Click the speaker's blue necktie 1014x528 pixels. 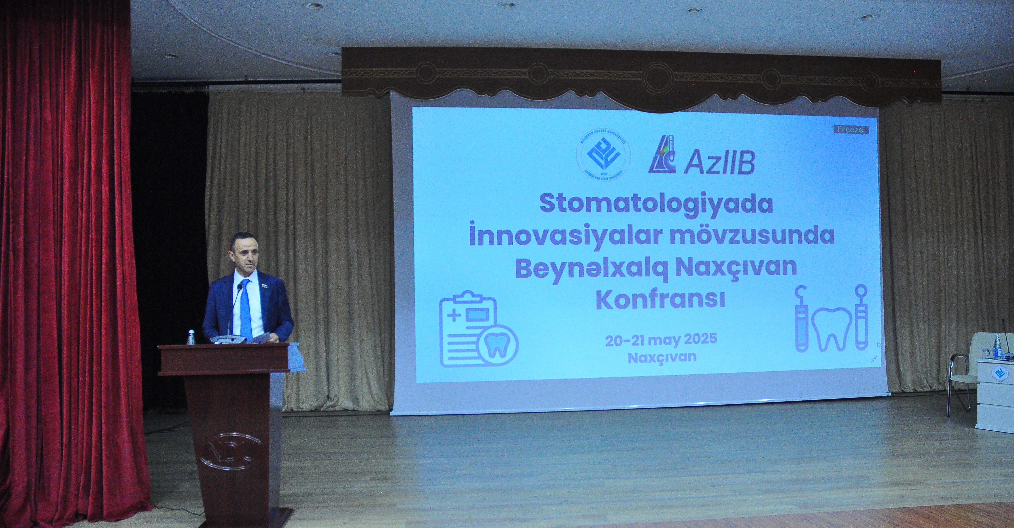click(246, 309)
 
